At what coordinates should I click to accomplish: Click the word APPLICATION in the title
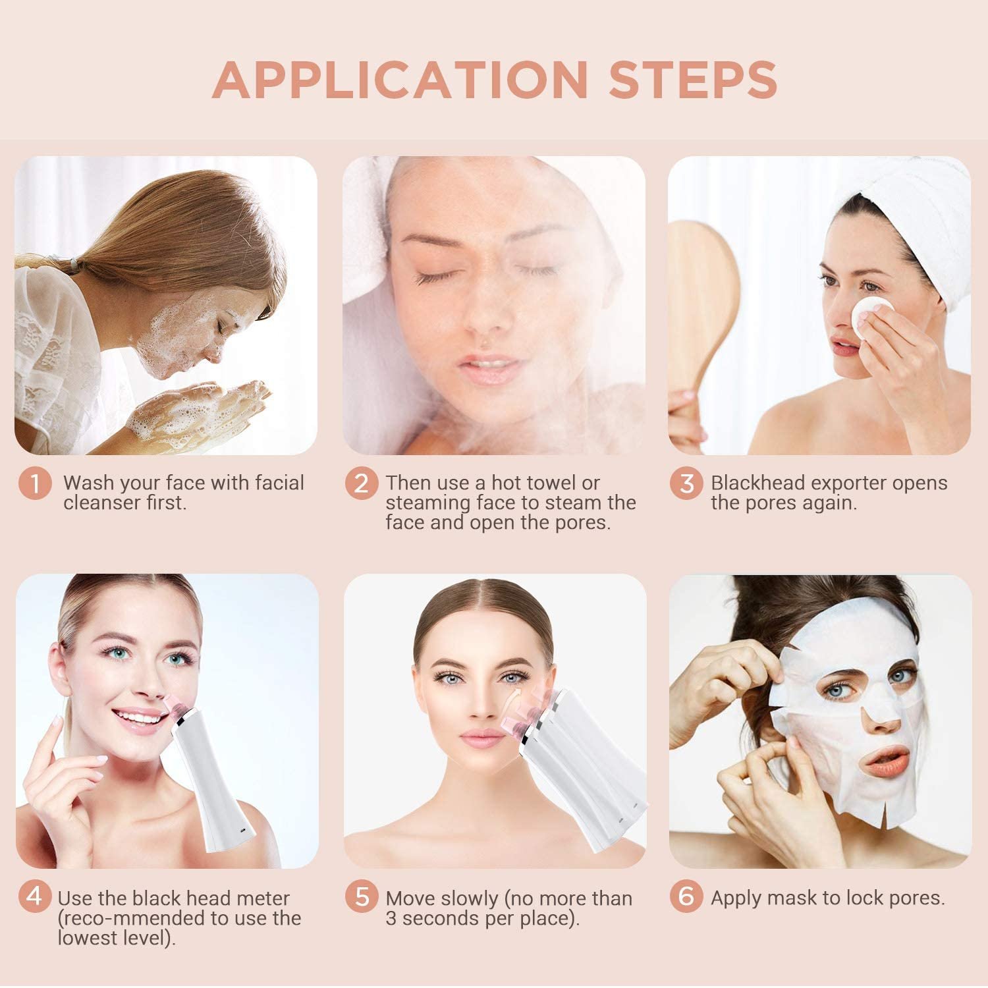[x=400, y=80]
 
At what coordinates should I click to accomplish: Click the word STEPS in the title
[x=693, y=80]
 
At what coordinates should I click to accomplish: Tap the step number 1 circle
[x=35, y=483]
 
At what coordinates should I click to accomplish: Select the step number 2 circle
[x=362, y=483]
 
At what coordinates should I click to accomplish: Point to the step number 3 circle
[x=687, y=483]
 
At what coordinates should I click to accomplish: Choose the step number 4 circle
[x=35, y=896]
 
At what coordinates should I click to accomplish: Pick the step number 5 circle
[x=362, y=896]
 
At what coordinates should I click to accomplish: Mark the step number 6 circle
[x=687, y=896]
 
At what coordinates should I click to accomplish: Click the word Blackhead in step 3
[x=759, y=483]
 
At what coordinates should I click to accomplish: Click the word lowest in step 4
[x=88, y=937]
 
